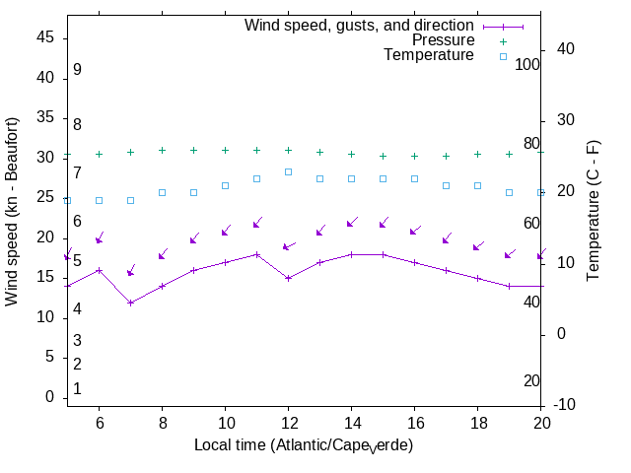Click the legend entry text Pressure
click(443, 40)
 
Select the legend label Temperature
click(429, 55)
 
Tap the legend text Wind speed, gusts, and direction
click(360, 26)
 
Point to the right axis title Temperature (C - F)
click(594, 210)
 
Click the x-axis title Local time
click(303, 445)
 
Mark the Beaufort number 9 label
click(77, 70)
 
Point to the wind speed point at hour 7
click(130, 303)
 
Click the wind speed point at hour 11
click(256, 254)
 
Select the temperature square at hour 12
click(288, 171)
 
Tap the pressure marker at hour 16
click(414, 156)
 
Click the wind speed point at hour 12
click(288, 278)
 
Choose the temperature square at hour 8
click(162, 192)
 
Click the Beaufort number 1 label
click(77, 389)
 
